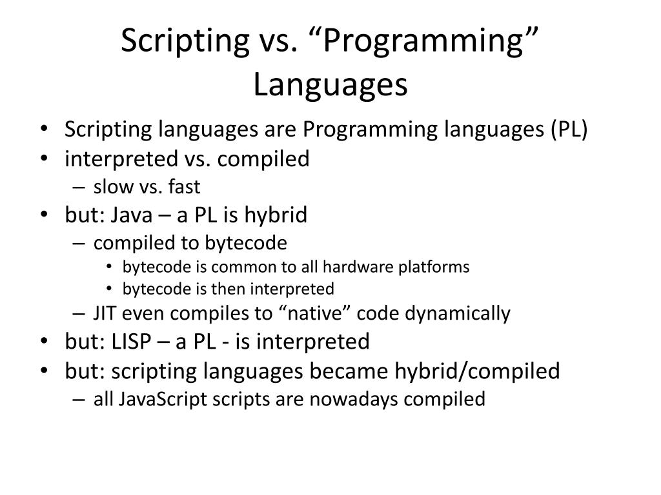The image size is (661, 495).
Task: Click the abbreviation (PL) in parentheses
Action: (569, 130)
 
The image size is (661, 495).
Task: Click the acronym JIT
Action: (105, 314)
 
